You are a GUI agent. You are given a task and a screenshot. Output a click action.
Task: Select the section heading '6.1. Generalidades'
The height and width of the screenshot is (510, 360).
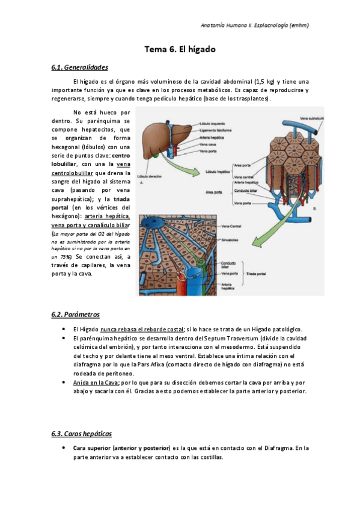point(80,67)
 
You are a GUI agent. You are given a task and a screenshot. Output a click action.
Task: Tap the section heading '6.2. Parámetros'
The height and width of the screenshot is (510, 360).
point(76,315)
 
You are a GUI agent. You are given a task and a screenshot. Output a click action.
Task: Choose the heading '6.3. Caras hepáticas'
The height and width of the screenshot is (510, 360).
point(82,434)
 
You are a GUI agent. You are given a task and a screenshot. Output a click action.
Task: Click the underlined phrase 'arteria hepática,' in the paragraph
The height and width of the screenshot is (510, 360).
point(107,216)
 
